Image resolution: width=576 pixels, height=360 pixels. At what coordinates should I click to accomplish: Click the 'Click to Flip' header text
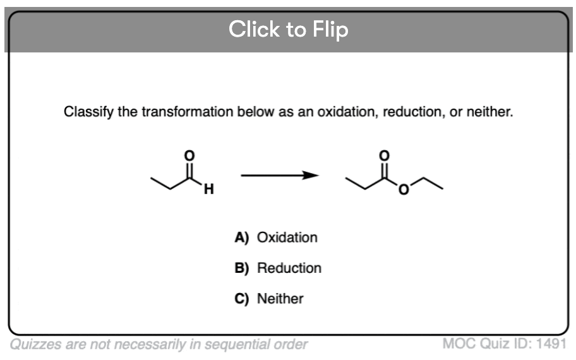289,30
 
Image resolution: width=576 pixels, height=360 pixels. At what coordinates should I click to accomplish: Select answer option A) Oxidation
276,237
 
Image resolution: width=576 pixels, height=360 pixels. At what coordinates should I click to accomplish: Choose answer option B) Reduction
278,268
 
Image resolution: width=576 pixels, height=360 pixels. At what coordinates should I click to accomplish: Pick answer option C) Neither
269,299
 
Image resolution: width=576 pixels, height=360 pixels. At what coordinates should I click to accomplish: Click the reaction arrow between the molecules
280,175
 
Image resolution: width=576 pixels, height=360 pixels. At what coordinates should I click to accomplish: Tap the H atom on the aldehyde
208,189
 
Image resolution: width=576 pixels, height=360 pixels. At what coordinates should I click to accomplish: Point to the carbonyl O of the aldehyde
189,156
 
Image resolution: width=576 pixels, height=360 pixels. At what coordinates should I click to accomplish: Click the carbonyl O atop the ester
384,156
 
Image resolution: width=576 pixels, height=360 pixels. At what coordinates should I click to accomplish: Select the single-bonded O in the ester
404,189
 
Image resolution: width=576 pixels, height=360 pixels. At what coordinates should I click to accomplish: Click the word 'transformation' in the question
188,112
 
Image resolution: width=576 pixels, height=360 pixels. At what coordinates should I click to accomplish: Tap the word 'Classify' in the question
88,112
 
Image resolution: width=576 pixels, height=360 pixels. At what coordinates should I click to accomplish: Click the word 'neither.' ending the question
489,112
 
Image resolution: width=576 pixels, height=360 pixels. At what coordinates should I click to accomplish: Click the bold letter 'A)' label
242,237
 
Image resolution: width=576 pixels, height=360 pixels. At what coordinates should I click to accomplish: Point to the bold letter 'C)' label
242,299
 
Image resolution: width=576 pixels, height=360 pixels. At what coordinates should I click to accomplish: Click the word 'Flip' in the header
330,30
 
